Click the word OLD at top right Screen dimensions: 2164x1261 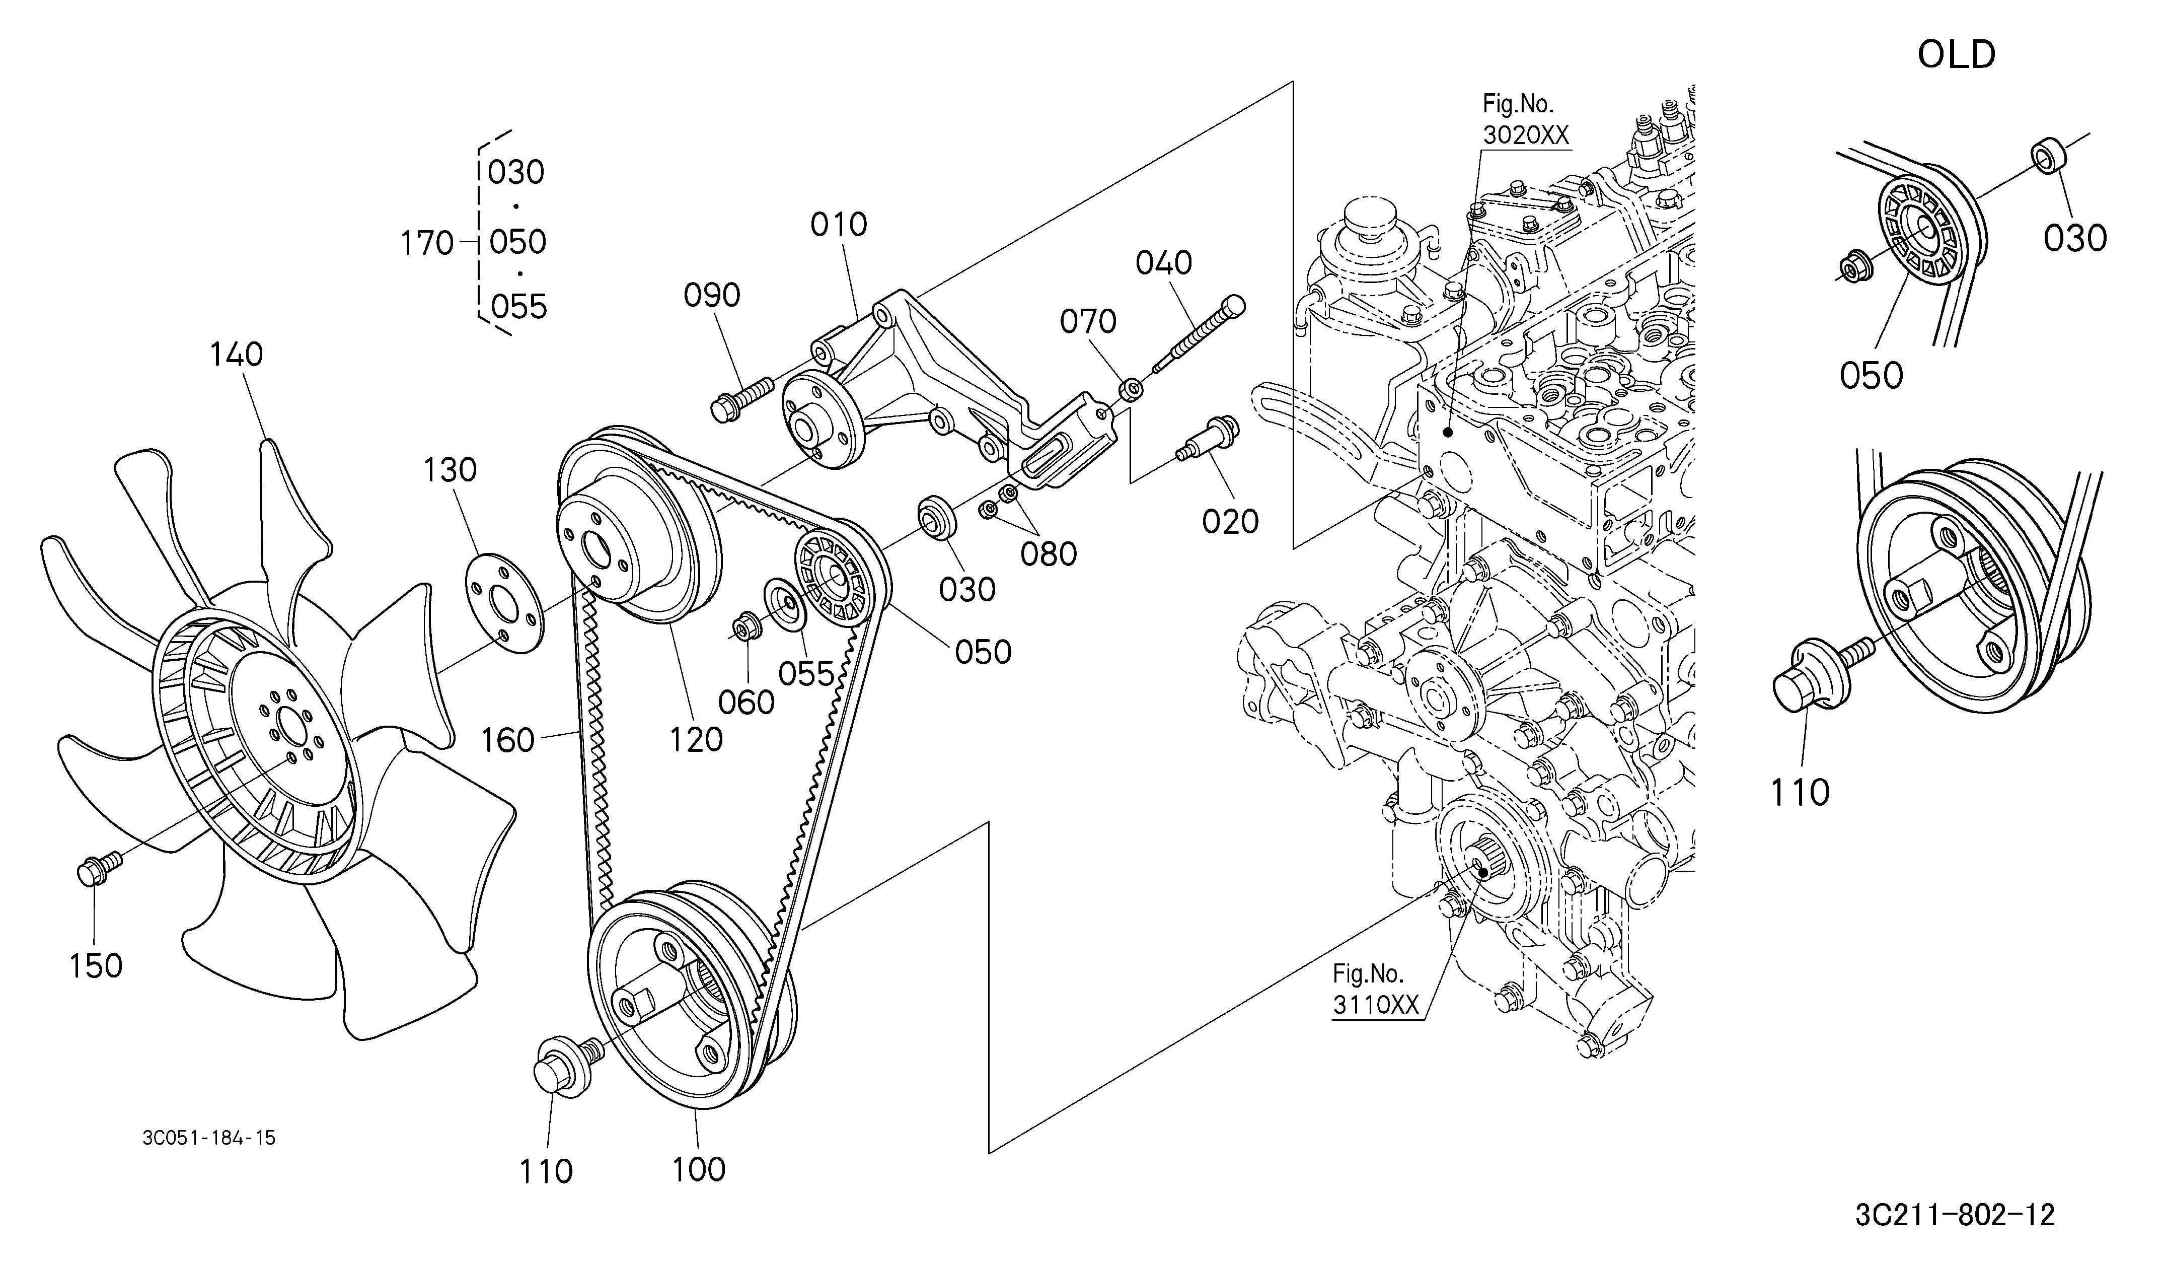pos(1956,55)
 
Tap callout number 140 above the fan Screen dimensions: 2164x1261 pos(237,355)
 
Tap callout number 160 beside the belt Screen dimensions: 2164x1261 pos(508,740)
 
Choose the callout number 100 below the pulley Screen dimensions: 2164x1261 pos(699,1169)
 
